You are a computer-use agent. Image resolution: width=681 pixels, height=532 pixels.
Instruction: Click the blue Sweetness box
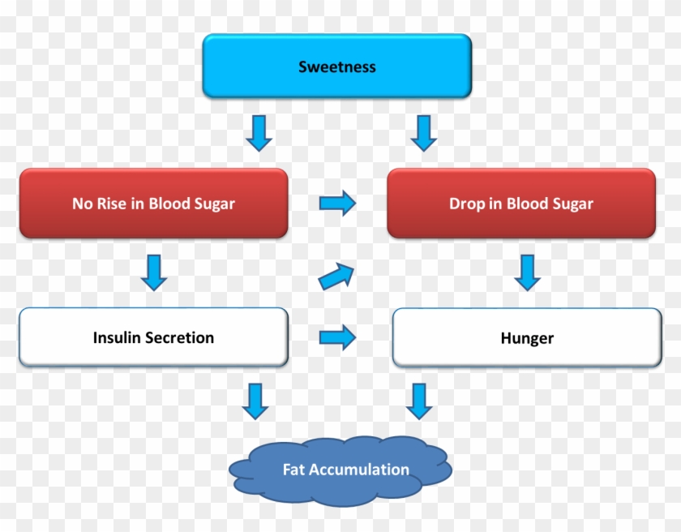(x=336, y=66)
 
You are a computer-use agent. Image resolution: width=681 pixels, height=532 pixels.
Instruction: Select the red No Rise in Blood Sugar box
(x=153, y=204)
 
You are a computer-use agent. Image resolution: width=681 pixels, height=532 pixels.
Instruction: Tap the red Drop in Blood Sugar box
(x=520, y=204)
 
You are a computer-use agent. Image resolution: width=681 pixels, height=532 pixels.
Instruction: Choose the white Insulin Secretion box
(x=153, y=337)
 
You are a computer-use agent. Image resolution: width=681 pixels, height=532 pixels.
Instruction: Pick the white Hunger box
(x=527, y=338)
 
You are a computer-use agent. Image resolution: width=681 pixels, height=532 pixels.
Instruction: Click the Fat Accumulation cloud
(x=340, y=470)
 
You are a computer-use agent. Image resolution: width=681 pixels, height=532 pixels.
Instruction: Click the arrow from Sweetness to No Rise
(x=259, y=133)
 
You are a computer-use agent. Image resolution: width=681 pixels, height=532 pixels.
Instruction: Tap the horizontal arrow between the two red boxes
(x=337, y=203)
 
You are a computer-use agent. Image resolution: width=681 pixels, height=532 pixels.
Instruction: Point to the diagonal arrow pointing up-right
(x=337, y=277)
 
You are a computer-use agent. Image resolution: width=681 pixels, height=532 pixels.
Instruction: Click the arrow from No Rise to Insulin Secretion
(x=153, y=272)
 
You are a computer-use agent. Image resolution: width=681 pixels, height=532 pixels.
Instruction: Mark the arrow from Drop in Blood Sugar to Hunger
(x=528, y=272)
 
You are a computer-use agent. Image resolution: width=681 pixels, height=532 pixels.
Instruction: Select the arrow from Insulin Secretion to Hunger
(x=337, y=337)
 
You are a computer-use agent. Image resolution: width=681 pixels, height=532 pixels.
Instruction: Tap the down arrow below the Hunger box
(x=419, y=401)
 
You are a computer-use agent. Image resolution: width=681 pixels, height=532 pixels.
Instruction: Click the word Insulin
(x=117, y=337)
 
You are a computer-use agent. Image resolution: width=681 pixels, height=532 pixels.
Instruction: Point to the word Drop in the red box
(x=467, y=204)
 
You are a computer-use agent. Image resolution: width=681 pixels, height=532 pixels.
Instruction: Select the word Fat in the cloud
(x=293, y=470)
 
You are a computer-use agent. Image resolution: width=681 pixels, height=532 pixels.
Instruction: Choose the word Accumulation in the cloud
(x=359, y=470)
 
